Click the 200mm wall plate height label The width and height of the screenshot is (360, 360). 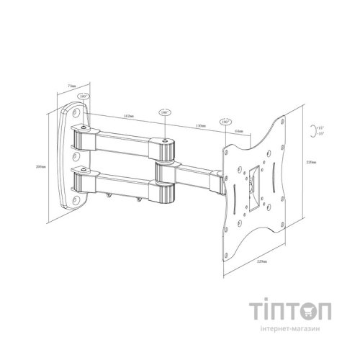coord(51,165)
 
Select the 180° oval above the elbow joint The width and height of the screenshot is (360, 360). coord(166,112)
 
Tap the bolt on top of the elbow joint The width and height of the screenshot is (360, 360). coord(166,142)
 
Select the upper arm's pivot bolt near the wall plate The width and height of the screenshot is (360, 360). coord(88,129)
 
